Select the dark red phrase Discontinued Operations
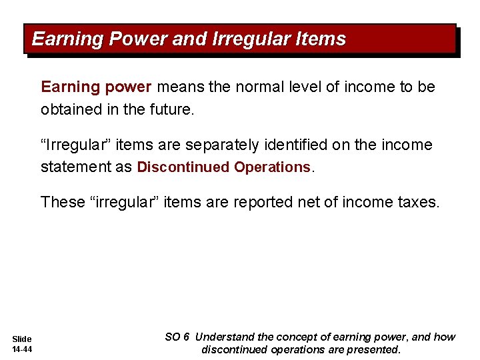pyautogui.click(x=223, y=167)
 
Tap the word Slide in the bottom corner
pyautogui.click(x=22, y=339)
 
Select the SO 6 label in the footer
pyautogui.click(x=177, y=337)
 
